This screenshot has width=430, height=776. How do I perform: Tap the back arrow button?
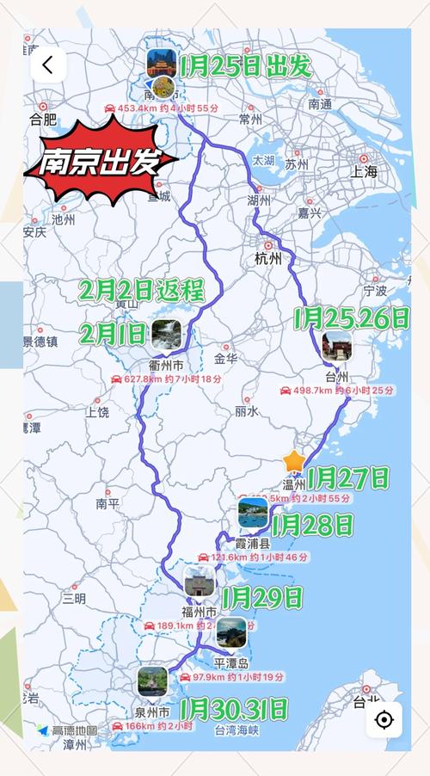pyautogui.click(x=47, y=65)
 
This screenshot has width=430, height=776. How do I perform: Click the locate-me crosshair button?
pyautogui.click(x=384, y=719)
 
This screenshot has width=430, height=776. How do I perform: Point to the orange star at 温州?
pyautogui.click(x=294, y=461)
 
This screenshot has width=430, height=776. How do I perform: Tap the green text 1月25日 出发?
pyautogui.click(x=245, y=66)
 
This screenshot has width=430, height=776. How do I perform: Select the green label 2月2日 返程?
pyautogui.click(x=143, y=290)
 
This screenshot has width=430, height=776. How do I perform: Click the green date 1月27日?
pyautogui.click(x=347, y=477)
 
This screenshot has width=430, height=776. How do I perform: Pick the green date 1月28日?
pyautogui.click(x=311, y=524)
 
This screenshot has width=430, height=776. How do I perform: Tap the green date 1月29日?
pyautogui.click(x=262, y=595)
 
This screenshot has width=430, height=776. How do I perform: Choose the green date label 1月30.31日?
pyautogui.click(x=234, y=709)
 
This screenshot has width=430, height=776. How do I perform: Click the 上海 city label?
pyautogui.click(x=364, y=172)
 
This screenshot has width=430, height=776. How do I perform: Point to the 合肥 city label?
pyautogui.click(x=42, y=119)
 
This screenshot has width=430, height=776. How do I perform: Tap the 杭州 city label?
pyautogui.click(x=267, y=258)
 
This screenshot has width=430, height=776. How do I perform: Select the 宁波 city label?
pyautogui.click(x=375, y=290)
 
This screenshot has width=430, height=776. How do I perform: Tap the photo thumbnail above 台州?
pyautogui.click(x=336, y=346)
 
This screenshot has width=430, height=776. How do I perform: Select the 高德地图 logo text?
pyautogui.click(x=75, y=730)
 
